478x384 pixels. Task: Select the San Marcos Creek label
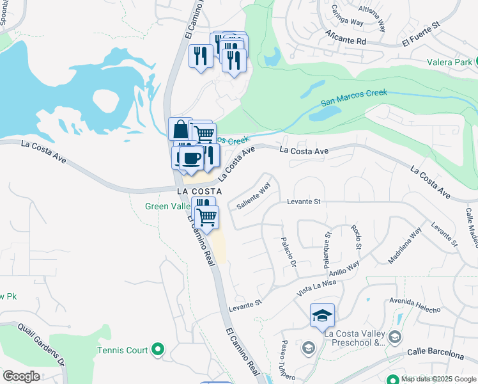pyautogui.click(x=353, y=97)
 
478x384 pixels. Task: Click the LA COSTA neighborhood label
pyautogui.click(x=199, y=191)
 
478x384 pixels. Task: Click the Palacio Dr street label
pyautogui.click(x=289, y=252)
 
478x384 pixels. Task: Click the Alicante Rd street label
pyautogui.click(x=344, y=37)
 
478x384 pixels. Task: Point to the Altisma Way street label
pyautogui.click(x=372, y=17)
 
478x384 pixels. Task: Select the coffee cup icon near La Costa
pyautogui.click(x=192, y=158)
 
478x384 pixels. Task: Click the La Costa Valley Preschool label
pyautogui.click(x=355, y=338)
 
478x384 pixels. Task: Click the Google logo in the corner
pyautogui.click(x=20, y=376)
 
